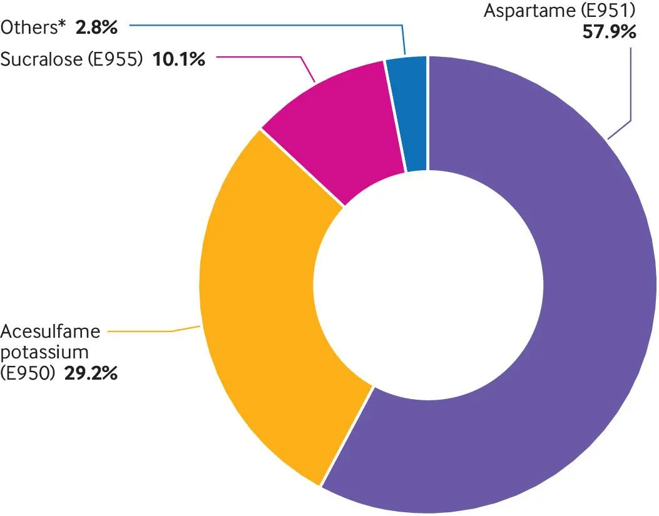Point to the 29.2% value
click(x=91, y=375)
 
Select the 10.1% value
click(x=179, y=59)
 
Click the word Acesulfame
click(x=51, y=332)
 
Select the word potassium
click(x=44, y=353)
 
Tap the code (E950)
click(x=29, y=375)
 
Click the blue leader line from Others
click(x=263, y=26)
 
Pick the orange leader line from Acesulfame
click(x=156, y=331)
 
